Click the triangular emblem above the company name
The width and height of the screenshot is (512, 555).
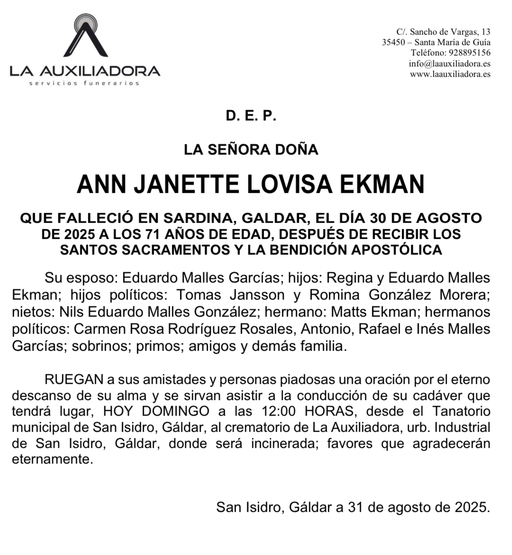click(85, 37)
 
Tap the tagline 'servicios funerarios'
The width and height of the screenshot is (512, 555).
click(84, 83)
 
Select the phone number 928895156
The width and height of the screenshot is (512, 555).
click(466, 53)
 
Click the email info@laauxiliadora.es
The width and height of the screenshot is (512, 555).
click(449, 64)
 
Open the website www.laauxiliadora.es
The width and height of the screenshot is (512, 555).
click(450, 74)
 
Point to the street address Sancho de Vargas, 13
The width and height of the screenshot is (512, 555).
click(450, 32)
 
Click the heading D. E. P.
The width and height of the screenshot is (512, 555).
click(251, 116)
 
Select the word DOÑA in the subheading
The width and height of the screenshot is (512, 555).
click(300, 150)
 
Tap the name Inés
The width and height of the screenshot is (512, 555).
click(429, 329)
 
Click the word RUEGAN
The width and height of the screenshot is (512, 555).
click(74, 380)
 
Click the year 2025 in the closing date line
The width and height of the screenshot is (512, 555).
click(471, 507)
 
